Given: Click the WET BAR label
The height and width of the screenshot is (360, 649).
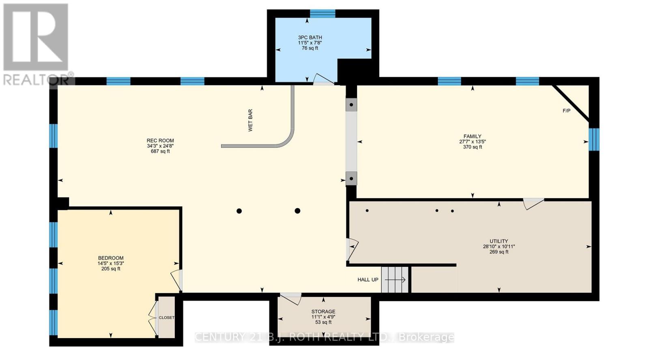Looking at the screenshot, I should [250, 120].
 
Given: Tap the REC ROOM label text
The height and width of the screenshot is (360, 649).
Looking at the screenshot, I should [160, 141].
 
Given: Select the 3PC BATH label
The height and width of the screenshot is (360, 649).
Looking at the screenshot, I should [310, 37].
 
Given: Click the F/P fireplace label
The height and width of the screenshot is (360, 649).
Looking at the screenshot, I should [567, 111].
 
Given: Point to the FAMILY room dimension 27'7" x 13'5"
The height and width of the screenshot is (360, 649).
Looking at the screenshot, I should [473, 142].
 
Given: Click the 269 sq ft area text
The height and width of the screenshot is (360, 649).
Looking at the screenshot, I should [499, 252].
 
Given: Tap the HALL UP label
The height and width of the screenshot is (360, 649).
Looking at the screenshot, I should [367, 280].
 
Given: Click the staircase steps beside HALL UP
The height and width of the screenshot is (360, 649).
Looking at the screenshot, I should [395, 280].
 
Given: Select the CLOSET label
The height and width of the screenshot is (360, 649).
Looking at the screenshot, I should [166, 317].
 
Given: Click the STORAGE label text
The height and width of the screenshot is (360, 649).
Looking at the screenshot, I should [323, 312].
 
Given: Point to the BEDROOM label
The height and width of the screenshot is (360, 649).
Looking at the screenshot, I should [111, 258].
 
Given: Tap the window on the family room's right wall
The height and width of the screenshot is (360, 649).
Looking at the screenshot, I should [594, 139].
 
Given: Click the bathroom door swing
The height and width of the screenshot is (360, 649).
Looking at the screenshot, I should [324, 79].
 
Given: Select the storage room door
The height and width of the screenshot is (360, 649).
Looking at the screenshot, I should [290, 298].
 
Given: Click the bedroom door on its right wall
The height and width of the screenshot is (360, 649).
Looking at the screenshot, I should [176, 280].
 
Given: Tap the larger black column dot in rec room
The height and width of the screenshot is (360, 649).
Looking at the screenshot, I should [297, 211].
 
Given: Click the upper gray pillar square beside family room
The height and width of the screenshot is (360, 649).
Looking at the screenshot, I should [351, 105].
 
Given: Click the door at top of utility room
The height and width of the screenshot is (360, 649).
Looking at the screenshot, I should [533, 203].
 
